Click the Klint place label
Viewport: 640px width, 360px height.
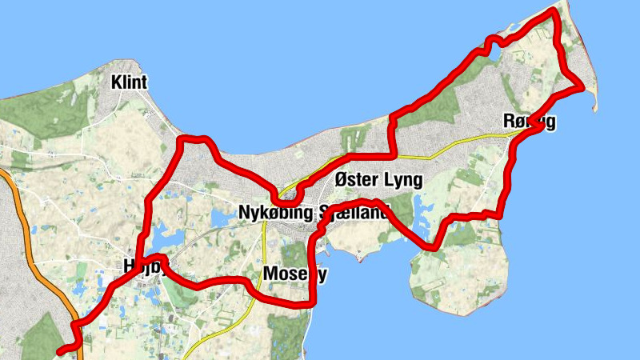[x=130, y=82]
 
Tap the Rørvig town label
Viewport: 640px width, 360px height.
[x=530, y=122]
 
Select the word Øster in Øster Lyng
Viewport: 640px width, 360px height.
[x=357, y=180]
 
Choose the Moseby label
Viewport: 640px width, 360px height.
[x=295, y=274]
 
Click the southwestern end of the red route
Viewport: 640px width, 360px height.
[x=61, y=350]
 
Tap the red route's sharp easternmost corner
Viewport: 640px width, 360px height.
[x=582, y=88]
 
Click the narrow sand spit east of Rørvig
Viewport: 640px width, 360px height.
[x=593, y=99]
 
